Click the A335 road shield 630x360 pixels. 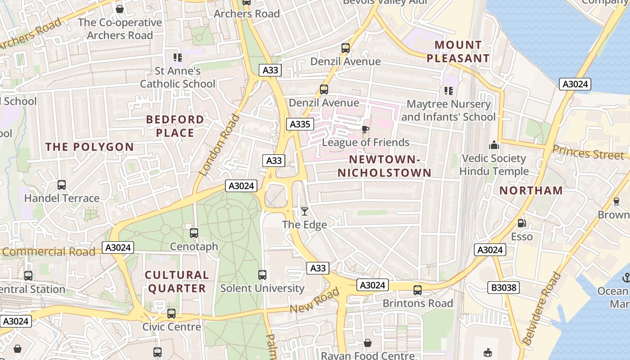click(300, 124)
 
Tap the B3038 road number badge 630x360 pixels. click(504, 287)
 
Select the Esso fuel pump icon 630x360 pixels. click(522, 223)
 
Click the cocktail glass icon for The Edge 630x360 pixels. click(305, 211)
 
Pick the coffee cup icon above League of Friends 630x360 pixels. click(365, 130)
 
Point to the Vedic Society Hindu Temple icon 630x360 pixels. click(494, 145)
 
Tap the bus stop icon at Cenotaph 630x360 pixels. click(194, 233)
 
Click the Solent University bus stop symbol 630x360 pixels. click(262, 274)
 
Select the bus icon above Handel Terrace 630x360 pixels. click(62, 185)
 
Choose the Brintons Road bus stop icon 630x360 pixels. click(418, 290)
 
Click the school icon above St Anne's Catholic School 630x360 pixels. click(178, 58)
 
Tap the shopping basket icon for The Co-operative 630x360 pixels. click(120, 9)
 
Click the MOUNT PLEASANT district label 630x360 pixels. click(458, 51)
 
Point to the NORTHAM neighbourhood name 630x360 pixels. click(531, 190)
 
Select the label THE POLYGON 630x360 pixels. click(90, 147)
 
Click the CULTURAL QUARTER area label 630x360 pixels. click(177, 281)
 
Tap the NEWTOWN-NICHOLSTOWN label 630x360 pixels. click(384, 166)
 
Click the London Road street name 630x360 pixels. click(219, 145)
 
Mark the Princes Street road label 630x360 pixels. click(588, 153)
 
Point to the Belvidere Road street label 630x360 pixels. click(544, 308)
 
